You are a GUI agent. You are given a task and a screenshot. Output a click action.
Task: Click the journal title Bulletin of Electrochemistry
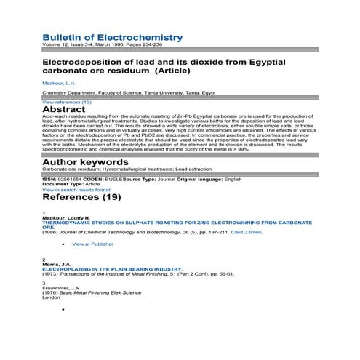pos(112,37)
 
